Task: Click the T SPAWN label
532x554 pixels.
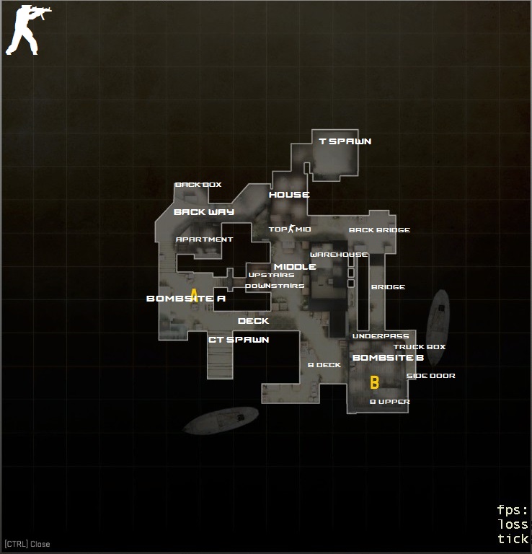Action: pos(345,141)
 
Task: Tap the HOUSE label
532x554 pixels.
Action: pos(289,195)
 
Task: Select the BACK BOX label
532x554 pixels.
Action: pos(198,185)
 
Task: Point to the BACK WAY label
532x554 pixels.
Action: pos(204,212)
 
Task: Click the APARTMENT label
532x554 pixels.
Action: pos(205,239)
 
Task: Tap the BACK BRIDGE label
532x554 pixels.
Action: pos(379,230)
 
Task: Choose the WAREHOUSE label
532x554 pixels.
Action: pos(339,255)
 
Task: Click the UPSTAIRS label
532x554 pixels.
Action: pos(271,275)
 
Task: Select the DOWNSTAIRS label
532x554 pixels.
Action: pos(275,286)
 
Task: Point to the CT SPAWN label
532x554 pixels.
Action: pos(239,340)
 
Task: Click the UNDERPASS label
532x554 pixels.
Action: pos(381,336)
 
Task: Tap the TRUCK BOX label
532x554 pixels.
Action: pos(419,347)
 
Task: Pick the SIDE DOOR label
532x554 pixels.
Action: pos(430,376)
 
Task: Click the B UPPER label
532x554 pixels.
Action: pos(389,402)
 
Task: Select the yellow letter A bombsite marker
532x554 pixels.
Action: pos(194,296)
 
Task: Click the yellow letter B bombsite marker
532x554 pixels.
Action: pos(374,382)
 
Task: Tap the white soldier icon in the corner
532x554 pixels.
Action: pos(22,30)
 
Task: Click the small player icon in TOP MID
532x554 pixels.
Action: pos(292,229)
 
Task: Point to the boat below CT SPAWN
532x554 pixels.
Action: pos(221,421)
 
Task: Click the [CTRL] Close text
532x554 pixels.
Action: pos(27,544)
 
